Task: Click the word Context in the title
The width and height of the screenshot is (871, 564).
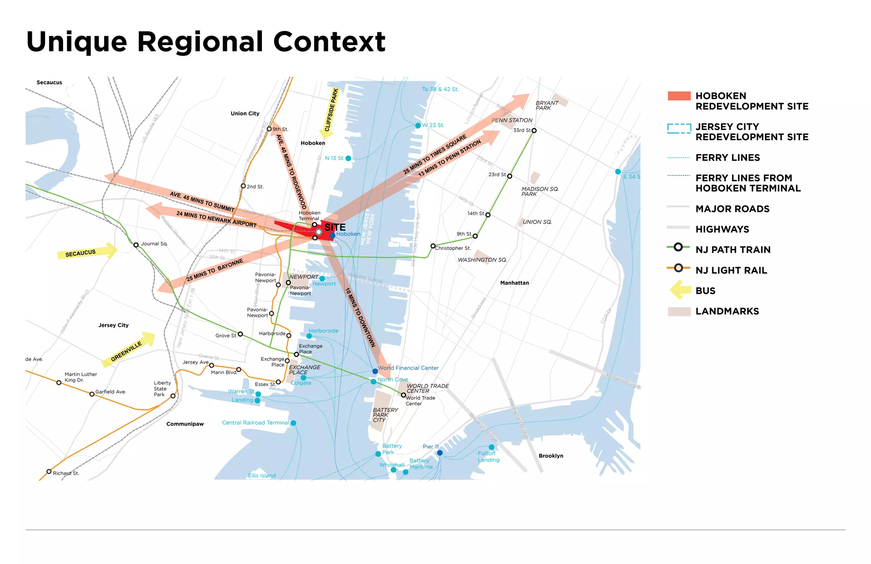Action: (329, 42)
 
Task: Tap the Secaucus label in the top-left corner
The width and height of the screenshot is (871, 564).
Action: (49, 83)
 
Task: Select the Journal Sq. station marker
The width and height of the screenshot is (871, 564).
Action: (136, 245)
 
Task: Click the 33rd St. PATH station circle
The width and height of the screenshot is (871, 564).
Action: (534, 131)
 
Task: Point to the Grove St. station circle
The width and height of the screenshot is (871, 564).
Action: (240, 334)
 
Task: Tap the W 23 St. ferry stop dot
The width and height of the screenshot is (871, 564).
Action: (418, 126)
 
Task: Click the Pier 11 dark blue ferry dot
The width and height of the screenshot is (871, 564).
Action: (440, 452)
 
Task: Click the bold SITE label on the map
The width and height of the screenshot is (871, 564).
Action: (335, 227)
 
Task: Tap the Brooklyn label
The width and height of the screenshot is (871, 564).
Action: (551, 456)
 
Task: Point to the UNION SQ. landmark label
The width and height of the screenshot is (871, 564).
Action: (537, 222)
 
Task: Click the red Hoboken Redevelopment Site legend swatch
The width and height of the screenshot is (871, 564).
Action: (679, 96)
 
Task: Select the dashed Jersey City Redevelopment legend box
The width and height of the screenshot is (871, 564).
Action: (679, 129)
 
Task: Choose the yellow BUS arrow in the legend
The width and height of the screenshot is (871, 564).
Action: (680, 291)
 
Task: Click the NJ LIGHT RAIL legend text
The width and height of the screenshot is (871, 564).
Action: (731, 270)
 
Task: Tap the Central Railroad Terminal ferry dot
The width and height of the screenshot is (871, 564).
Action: (293, 423)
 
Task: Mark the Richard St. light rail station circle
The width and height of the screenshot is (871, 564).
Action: (49, 472)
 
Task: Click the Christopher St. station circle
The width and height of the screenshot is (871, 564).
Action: (433, 246)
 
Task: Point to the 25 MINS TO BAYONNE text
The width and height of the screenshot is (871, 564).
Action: (215, 270)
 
